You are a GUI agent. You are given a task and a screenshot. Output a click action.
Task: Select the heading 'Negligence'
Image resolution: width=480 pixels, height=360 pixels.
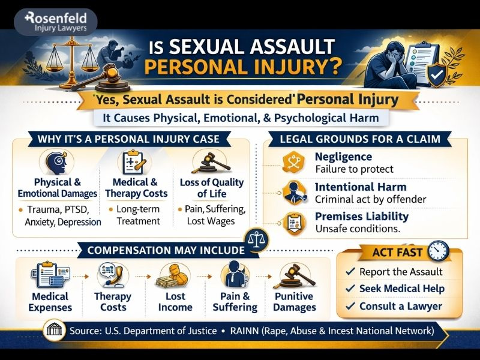(344, 157)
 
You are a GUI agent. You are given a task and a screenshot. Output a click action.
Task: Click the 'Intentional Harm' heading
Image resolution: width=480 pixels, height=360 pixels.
(361, 187)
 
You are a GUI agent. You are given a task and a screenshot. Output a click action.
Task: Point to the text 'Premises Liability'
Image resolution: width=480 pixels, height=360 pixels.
(362, 216)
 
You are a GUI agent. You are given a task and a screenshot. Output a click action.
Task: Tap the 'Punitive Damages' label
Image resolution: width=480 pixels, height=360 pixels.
(295, 302)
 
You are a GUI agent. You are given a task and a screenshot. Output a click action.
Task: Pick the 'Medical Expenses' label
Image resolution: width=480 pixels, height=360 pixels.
(50, 302)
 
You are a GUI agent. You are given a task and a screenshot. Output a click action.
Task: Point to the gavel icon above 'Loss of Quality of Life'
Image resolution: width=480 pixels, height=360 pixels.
(204, 161)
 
